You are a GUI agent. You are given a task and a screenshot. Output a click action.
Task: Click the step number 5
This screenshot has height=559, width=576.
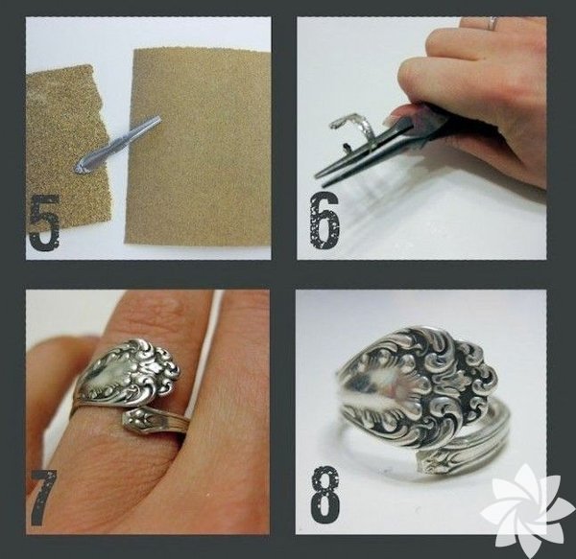tap(44, 222)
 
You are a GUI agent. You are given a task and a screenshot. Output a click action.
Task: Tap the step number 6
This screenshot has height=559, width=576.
tap(324, 221)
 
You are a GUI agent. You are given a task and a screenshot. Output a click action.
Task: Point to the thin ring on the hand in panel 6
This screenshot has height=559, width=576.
tap(491, 23)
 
